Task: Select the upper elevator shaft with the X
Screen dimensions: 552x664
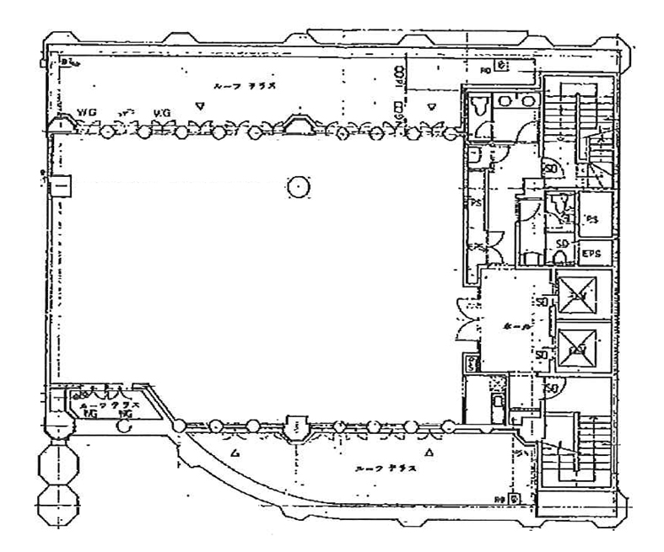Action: click(578, 295)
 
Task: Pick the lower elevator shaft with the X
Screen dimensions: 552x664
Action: click(578, 347)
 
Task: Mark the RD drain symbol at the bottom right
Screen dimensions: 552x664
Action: click(513, 499)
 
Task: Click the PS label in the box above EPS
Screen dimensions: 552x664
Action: click(591, 220)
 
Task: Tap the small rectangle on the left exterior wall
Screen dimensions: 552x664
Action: click(61, 185)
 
